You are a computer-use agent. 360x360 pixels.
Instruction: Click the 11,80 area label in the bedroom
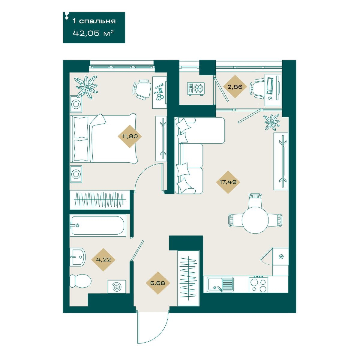[x=130, y=136]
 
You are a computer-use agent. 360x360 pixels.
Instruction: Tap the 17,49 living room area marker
[x=228, y=182]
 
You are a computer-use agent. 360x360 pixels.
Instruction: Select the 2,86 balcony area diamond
[x=235, y=87]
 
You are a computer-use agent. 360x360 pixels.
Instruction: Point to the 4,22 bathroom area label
[x=103, y=259]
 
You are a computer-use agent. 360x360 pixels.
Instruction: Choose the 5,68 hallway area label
[x=158, y=283]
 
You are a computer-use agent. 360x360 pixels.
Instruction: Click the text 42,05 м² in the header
[x=93, y=33]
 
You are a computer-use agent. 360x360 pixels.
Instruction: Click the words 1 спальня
[x=94, y=21]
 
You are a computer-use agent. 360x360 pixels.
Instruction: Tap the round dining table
[x=255, y=220]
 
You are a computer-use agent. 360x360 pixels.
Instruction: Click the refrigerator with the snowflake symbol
[x=280, y=257]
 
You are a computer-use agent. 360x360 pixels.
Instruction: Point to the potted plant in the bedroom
[x=86, y=87]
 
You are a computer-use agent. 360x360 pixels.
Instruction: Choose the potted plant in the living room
[x=271, y=122]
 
